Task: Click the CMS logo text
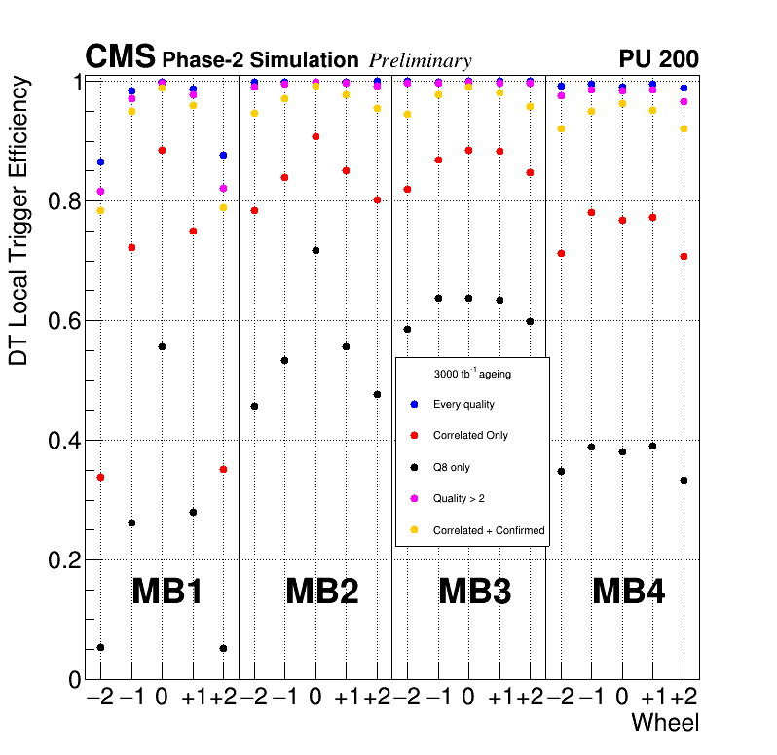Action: (x=120, y=57)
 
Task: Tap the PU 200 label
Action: (x=658, y=59)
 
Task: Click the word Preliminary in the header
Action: (x=420, y=61)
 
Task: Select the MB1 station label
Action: (x=166, y=591)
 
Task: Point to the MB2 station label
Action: (x=320, y=591)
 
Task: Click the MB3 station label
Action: (x=474, y=591)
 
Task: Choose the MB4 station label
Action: (x=628, y=591)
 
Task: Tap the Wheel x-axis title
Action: (x=665, y=723)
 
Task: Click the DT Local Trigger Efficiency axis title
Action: (x=18, y=221)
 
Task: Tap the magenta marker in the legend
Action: (x=414, y=498)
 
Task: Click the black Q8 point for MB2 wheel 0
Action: (x=315, y=251)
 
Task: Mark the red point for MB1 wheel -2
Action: (x=100, y=477)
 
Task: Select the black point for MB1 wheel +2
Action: (x=223, y=648)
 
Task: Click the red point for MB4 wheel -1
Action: (x=591, y=212)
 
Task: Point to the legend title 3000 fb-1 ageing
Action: (x=472, y=373)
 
